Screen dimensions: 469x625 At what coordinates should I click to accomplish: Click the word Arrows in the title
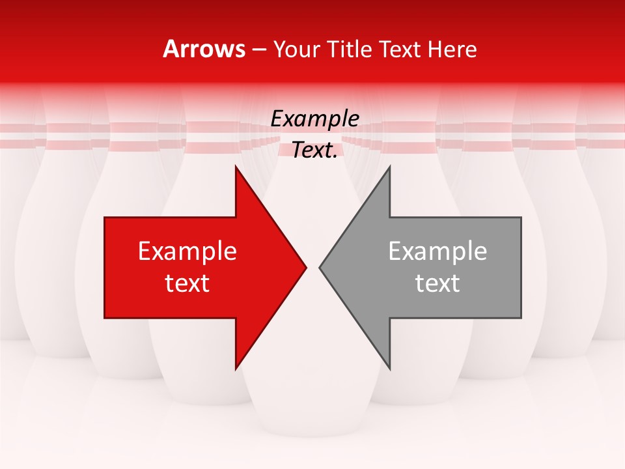(x=204, y=49)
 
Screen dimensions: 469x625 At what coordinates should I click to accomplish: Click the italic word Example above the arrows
(x=315, y=119)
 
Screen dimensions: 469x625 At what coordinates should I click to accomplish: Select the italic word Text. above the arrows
(x=314, y=150)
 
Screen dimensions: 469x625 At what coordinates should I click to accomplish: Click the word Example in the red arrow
(x=187, y=251)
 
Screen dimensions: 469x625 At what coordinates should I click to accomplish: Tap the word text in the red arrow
(x=187, y=283)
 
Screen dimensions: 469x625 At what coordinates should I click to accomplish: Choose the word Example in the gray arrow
(x=437, y=251)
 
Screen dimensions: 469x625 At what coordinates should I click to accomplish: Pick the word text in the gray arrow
(x=437, y=283)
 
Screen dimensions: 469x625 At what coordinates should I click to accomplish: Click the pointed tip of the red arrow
(x=307, y=267)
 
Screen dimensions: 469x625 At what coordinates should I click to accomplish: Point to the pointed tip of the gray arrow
(x=319, y=267)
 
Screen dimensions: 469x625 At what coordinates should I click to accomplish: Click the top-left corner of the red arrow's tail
(x=105, y=218)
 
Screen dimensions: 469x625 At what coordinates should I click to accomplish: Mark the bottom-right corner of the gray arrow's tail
(x=521, y=318)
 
